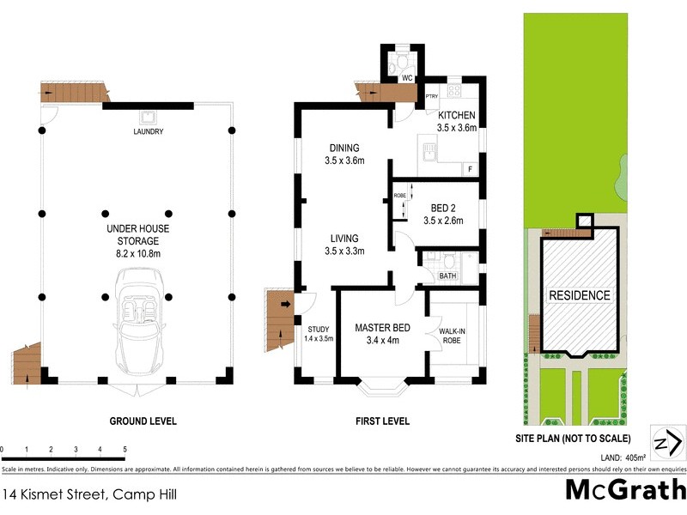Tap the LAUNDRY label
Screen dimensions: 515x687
(149, 131)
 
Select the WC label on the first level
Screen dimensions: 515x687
(408, 78)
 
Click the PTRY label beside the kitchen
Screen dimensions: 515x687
(433, 96)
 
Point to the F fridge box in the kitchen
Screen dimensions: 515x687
(471, 169)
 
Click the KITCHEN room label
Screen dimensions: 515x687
(457, 116)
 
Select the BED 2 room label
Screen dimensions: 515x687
(442, 207)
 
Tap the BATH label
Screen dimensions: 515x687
(447, 276)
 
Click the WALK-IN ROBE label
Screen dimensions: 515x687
(453, 336)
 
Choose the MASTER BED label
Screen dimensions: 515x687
(383, 328)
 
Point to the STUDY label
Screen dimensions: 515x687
(319, 328)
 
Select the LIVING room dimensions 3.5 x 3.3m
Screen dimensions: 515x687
(345, 251)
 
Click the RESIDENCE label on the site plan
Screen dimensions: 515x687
(580, 295)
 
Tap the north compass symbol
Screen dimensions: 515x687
(667, 444)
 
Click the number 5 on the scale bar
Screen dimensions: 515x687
(125, 450)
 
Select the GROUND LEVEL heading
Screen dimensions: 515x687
(143, 421)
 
